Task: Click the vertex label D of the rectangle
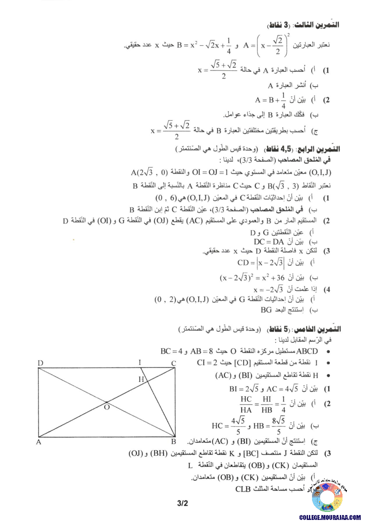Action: (40, 363)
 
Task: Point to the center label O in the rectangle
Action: (107, 407)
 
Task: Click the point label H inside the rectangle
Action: (141, 379)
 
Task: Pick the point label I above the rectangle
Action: (140, 363)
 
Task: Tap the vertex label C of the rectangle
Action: (173, 363)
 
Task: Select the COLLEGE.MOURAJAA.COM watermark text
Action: (329, 517)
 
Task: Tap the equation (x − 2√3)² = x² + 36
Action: (249, 277)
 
